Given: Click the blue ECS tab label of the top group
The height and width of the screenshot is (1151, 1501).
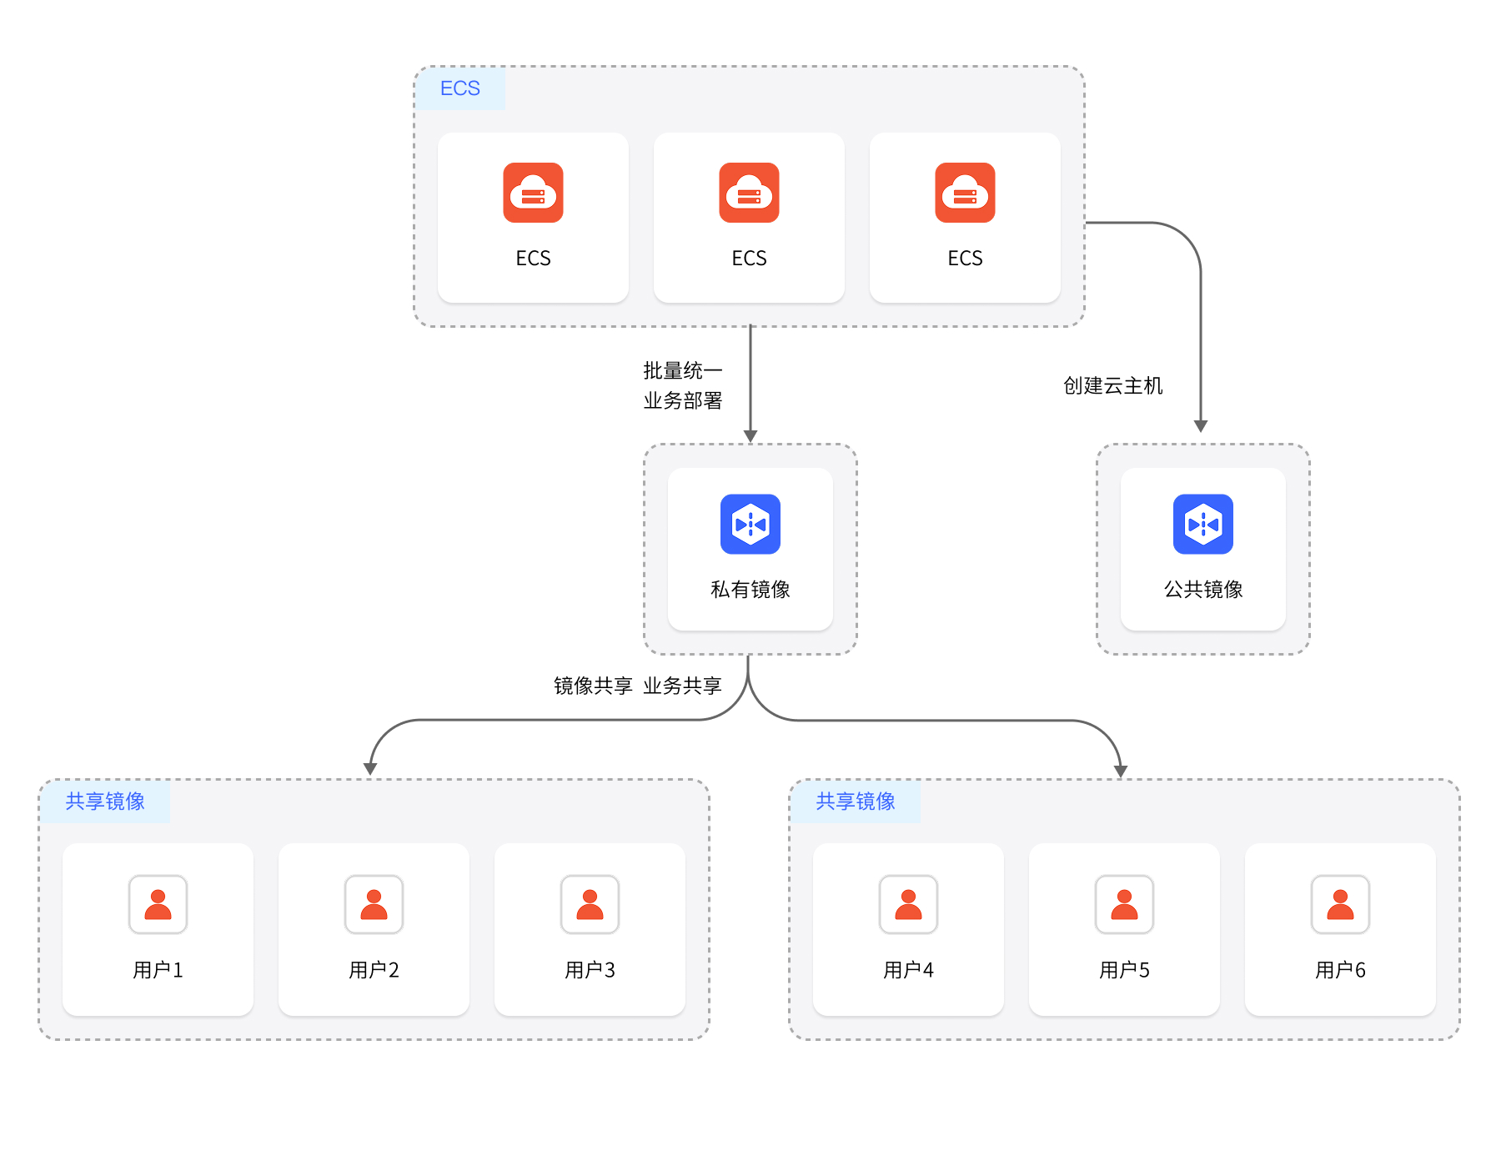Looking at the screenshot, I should point(460,88).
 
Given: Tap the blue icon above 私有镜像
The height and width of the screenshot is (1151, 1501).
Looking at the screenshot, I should point(750,525).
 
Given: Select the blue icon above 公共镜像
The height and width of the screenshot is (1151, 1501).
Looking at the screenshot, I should point(1202,525).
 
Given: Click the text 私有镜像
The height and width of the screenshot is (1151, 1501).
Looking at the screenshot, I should point(750,590).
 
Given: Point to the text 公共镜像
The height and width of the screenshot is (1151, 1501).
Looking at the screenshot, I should point(1202,590).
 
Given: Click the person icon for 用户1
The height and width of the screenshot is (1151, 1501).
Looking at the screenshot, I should point(158,904).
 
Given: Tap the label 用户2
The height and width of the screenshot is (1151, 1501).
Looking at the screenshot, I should point(374,970).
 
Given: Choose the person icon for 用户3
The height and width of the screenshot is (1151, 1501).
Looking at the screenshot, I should point(590,904).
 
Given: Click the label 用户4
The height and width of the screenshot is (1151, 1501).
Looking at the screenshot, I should point(908,970).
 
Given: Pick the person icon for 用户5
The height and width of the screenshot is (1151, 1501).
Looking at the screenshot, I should point(1124,904).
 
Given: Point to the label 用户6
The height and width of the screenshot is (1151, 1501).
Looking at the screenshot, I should point(1340,970).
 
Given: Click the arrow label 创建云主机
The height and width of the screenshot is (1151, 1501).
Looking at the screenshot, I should point(1112,386).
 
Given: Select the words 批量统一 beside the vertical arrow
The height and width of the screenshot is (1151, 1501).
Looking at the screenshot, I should point(682,370).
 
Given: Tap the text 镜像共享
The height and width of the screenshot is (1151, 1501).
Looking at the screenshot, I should point(593,686).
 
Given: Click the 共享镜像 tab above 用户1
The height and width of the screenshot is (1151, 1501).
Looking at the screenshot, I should point(105,802).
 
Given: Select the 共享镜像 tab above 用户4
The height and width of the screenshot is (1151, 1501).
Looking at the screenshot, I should point(856,802).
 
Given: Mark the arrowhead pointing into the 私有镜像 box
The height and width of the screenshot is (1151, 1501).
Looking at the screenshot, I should point(750,436).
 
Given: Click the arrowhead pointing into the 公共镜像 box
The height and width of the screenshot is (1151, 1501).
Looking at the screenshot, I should point(1201,426).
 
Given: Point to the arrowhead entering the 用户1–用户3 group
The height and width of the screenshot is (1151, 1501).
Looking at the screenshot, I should point(370,769).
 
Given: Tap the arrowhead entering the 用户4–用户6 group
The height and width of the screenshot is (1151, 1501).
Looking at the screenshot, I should point(1121,772).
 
